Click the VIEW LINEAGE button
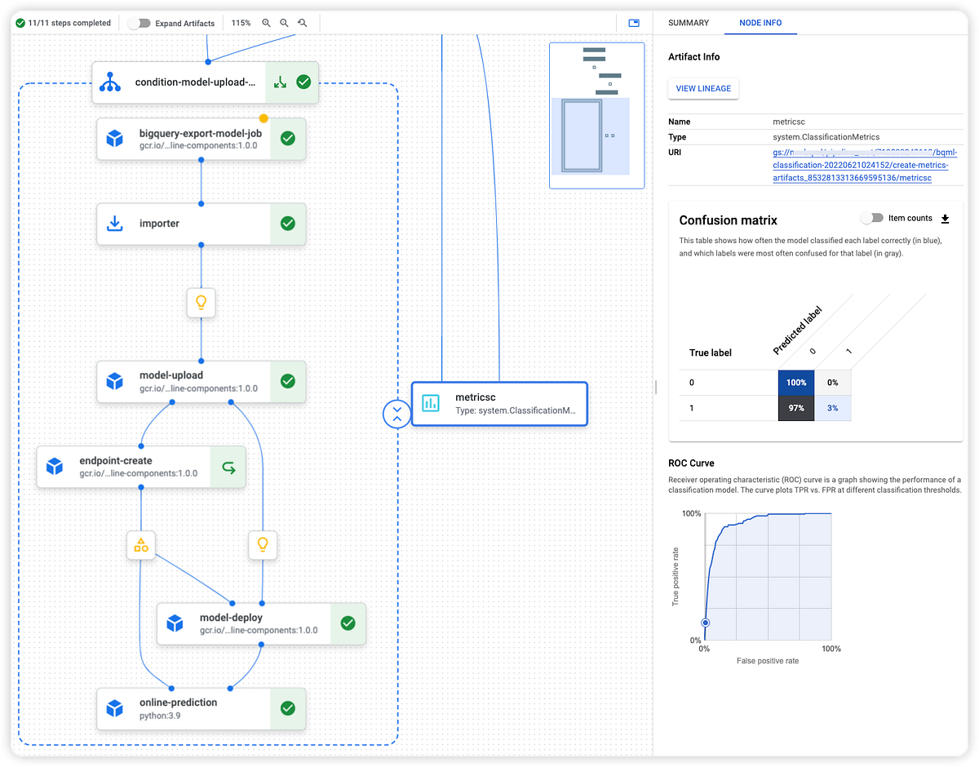pyautogui.click(x=702, y=88)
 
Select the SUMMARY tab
pyautogui.click(x=689, y=23)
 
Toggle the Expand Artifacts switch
pyautogui.click(x=140, y=23)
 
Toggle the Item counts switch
pyautogui.click(x=872, y=218)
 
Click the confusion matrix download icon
pyautogui.click(x=946, y=219)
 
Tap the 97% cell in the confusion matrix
pyautogui.click(x=796, y=406)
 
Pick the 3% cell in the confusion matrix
pyautogui.click(x=833, y=406)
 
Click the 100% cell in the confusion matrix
pyautogui.click(x=796, y=382)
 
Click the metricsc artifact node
pyautogui.click(x=498, y=403)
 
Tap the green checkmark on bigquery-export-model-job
pyautogui.click(x=287, y=139)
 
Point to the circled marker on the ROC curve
pyautogui.click(x=706, y=623)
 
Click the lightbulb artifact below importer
pyautogui.click(x=201, y=303)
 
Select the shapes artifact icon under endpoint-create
pyautogui.click(x=141, y=544)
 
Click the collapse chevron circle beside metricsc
pyautogui.click(x=396, y=413)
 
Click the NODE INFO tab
pyautogui.click(x=760, y=23)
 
